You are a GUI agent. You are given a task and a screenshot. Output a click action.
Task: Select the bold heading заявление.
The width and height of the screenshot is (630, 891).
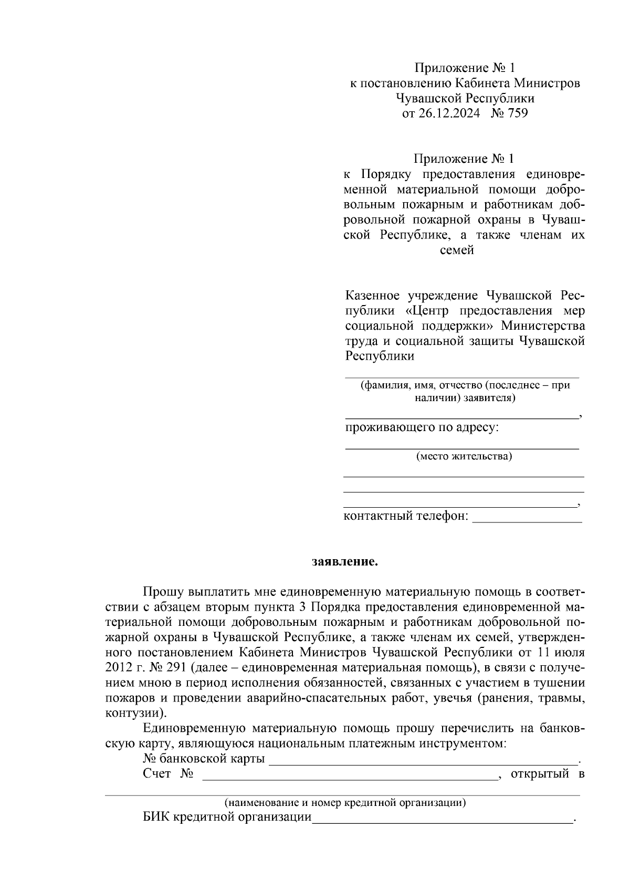[x=345, y=562]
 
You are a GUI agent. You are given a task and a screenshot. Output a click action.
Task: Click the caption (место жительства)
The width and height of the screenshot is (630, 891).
[x=464, y=456]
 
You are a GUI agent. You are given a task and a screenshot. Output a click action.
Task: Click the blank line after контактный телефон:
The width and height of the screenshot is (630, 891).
[x=527, y=517]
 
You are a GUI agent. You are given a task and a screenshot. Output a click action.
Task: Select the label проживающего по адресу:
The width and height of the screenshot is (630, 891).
[x=422, y=427]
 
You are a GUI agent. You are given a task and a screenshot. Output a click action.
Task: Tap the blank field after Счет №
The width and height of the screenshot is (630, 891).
[x=349, y=775]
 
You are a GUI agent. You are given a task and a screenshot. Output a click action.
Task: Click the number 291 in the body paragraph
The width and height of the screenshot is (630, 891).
[x=177, y=668]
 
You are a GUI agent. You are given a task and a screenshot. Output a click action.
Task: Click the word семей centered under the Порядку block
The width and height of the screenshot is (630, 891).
[x=457, y=250]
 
